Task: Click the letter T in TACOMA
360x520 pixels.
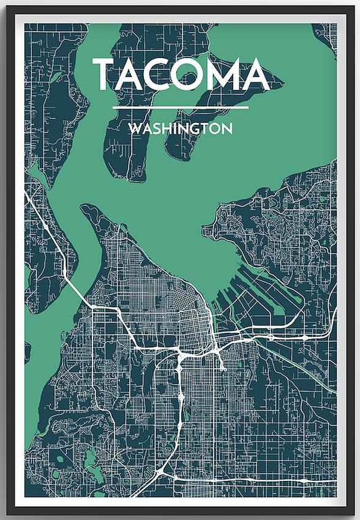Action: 105,75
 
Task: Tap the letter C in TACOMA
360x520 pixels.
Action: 161,75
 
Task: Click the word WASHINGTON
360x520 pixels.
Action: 180,128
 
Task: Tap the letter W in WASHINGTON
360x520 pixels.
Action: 134,128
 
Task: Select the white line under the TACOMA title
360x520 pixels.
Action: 180,107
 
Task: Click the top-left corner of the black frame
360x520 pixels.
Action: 7,8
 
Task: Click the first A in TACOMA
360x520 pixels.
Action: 130,75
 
